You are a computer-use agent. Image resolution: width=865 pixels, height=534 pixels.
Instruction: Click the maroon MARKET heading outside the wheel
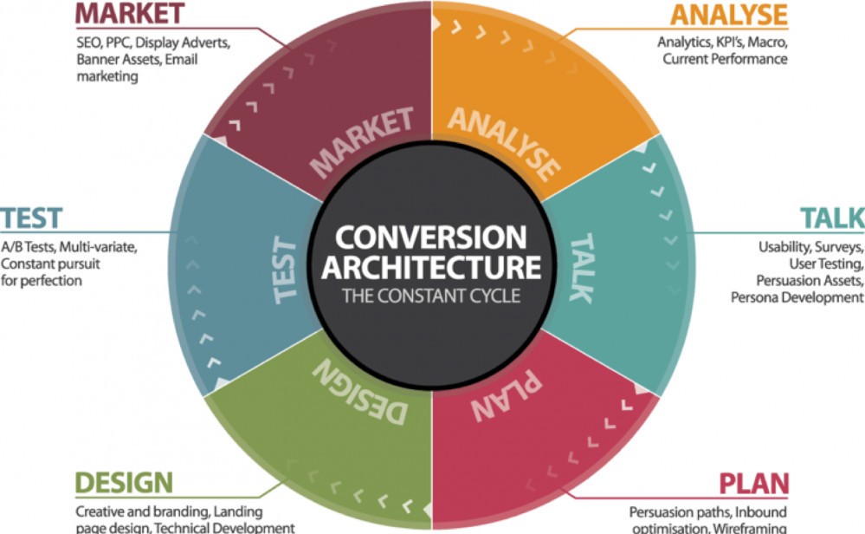coord(130,14)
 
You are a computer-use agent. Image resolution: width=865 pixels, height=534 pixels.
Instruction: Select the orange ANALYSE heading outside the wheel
coord(729,15)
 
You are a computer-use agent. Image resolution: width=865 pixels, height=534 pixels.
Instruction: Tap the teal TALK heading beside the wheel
coord(832,218)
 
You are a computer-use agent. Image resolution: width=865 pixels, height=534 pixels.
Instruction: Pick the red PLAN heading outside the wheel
coord(753,484)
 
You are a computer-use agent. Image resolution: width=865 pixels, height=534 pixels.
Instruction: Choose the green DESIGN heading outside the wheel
coord(124,483)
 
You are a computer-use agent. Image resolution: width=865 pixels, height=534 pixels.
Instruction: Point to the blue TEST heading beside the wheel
coord(31,218)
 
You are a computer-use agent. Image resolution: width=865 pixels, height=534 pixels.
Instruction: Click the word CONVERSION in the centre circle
coord(431,238)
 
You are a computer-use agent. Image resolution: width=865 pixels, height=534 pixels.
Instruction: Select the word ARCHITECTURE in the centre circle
coord(431,267)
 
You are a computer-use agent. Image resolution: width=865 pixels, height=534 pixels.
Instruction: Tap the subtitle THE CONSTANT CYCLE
coord(431,296)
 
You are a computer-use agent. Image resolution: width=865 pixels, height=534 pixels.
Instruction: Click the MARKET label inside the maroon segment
coord(362,142)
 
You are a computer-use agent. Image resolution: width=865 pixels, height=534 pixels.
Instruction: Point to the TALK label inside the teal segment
coord(582,268)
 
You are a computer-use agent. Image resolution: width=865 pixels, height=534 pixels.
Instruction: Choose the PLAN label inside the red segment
coord(506,394)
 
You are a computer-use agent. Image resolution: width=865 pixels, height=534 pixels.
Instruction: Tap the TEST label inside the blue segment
coord(285,270)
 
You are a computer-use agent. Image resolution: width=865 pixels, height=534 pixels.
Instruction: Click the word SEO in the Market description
coord(89,42)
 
